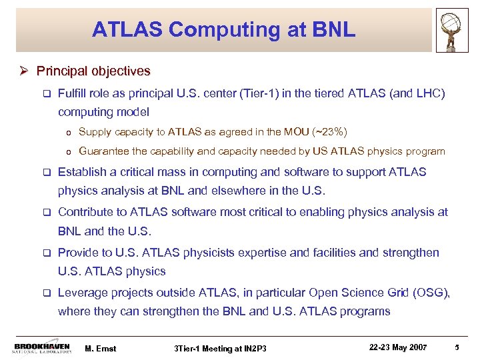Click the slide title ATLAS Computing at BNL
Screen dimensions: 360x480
coord(223,30)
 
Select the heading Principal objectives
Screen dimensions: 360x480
coord(93,71)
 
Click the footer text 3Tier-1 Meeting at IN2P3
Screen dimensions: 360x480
coord(219,347)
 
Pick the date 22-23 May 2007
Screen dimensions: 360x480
coord(399,346)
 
